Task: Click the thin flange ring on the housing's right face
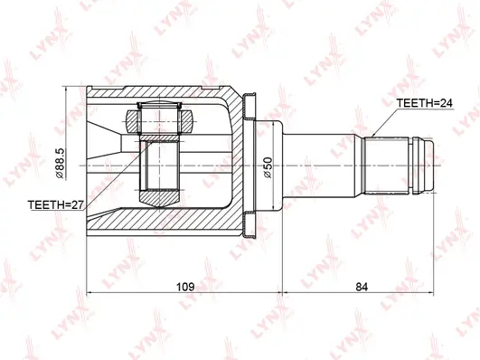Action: coord(253,165)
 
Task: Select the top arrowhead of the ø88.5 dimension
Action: coord(71,91)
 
